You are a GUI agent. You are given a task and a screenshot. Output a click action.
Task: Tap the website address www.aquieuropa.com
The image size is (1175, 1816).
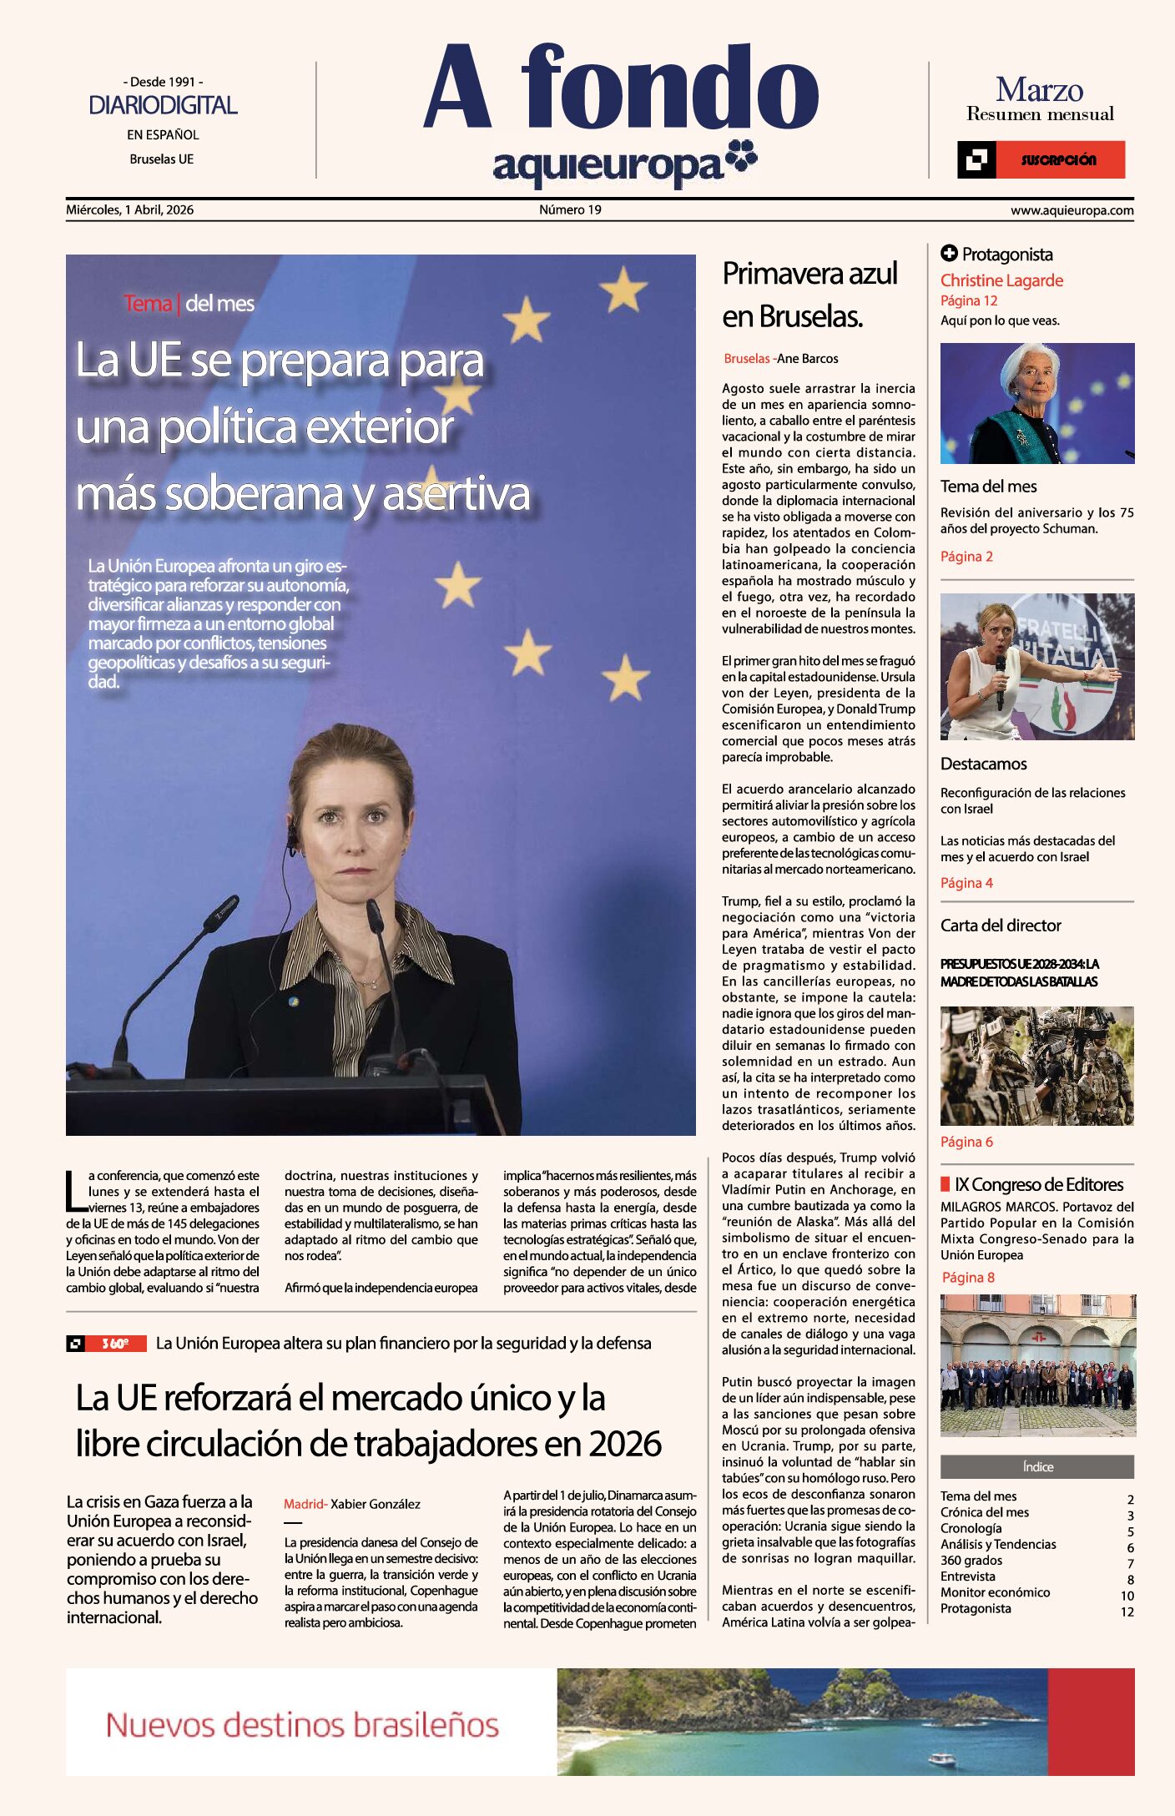[x=1072, y=210]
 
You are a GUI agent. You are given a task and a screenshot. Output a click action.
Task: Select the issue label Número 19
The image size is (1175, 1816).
[x=570, y=209]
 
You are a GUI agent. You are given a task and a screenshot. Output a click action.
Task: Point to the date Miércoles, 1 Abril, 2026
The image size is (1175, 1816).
[x=129, y=209]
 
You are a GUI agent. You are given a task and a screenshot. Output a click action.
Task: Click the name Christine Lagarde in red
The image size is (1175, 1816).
[x=1001, y=280]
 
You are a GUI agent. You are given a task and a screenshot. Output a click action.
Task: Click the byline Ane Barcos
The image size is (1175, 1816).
[x=807, y=359]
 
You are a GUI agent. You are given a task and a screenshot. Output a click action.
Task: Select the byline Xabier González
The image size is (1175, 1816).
[x=375, y=1504]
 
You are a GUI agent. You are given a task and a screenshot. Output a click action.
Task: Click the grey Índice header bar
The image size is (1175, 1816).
[x=1036, y=1466]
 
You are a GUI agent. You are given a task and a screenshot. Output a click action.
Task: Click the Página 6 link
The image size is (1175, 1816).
[x=966, y=1142]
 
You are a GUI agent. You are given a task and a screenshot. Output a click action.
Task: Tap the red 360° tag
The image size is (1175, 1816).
[x=116, y=1343]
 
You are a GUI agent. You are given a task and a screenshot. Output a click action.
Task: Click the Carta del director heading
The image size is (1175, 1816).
[x=1001, y=925]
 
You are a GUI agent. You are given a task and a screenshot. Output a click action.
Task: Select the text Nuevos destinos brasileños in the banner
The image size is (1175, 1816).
[x=302, y=1724]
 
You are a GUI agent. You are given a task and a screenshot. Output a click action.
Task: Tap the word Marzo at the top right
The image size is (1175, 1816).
[x=1039, y=89]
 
